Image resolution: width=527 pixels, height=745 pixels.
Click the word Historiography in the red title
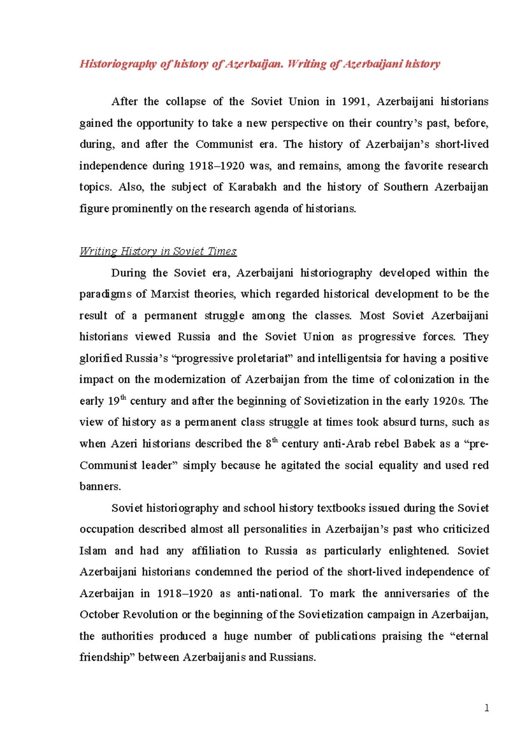pyautogui.click(x=118, y=64)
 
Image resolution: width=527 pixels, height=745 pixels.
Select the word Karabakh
pyautogui.click(x=253, y=187)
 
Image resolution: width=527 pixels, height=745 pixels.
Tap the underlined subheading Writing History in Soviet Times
pyautogui.click(x=158, y=251)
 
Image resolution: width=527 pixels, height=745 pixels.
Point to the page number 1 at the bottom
pyautogui.click(x=486, y=708)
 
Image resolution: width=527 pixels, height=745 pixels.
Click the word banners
pyautogui.click(x=99, y=486)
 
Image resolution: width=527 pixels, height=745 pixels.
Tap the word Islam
pyautogui.click(x=93, y=550)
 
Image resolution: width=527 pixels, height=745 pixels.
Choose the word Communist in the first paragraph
pyautogui.click(x=224, y=144)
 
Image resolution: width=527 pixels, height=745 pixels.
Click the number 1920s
pyautogui.click(x=449, y=401)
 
